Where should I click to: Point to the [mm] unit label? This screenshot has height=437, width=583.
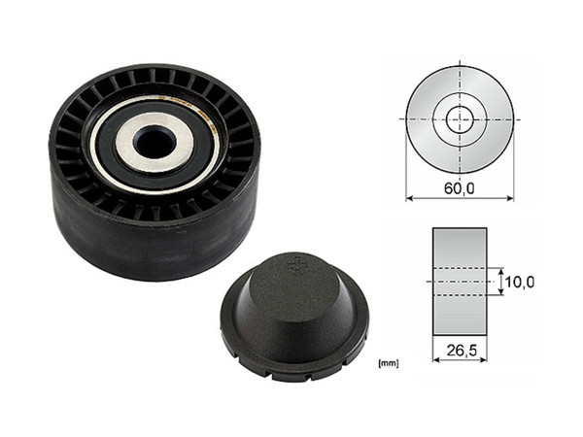pos(387,363)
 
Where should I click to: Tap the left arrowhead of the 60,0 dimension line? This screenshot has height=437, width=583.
pos(410,198)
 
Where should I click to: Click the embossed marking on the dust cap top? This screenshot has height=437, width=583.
pos(292,262)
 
